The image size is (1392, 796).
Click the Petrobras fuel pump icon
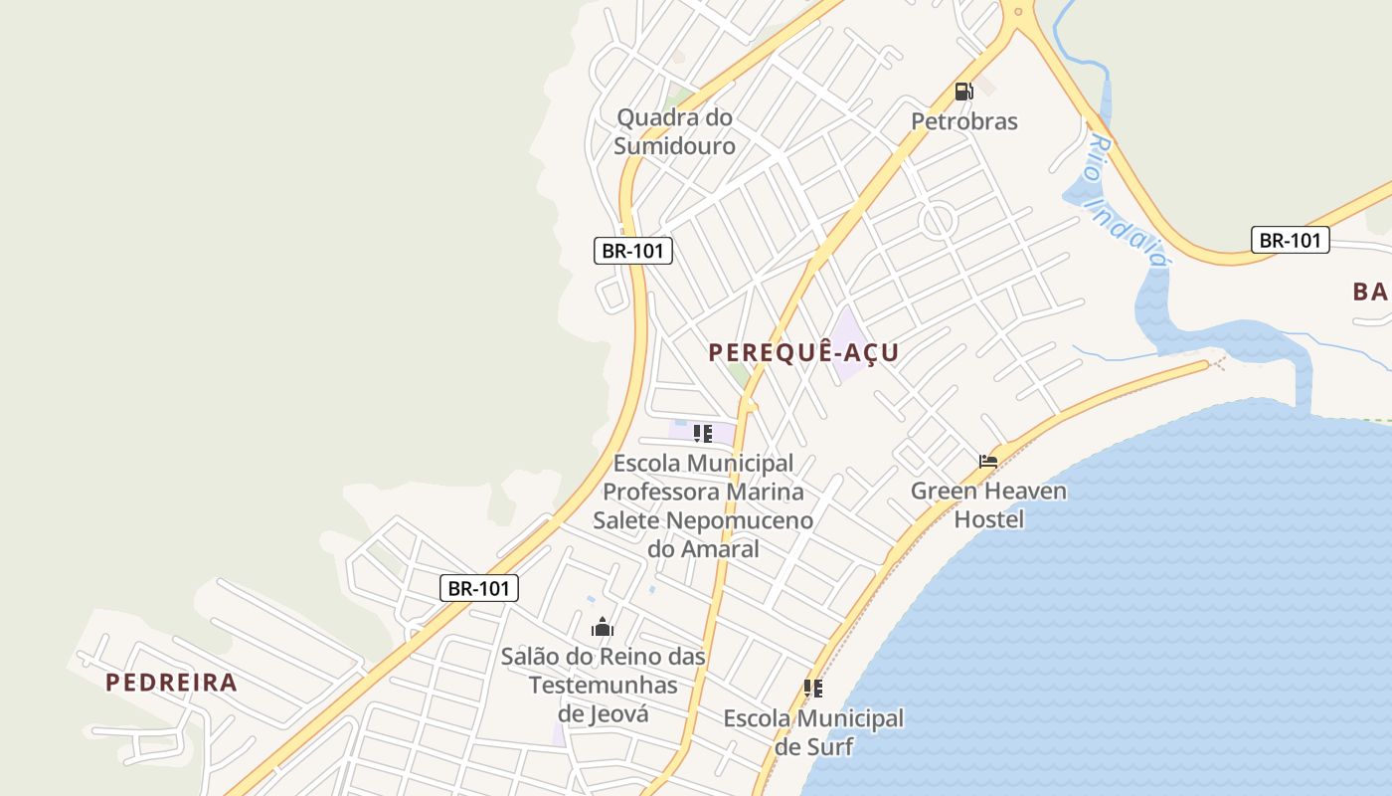[963, 92]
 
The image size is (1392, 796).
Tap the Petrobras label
[964, 121]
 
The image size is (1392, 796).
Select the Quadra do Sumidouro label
[674, 131]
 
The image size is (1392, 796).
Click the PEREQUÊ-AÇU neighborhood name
[803, 352]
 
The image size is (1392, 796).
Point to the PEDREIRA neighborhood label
[171, 683]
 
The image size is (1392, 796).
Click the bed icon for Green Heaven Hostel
[987, 461]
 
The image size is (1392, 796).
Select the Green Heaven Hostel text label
[988, 504]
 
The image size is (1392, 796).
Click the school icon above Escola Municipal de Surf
[812, 688]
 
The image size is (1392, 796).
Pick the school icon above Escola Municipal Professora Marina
[703, 433]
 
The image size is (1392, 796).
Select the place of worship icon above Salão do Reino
[602, 627]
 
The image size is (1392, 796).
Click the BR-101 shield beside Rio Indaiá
[1290, 240]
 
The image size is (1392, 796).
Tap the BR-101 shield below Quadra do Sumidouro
[633, 251]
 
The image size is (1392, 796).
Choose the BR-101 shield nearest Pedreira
[478, 588]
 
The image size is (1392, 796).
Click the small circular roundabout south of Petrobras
[936, 221]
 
